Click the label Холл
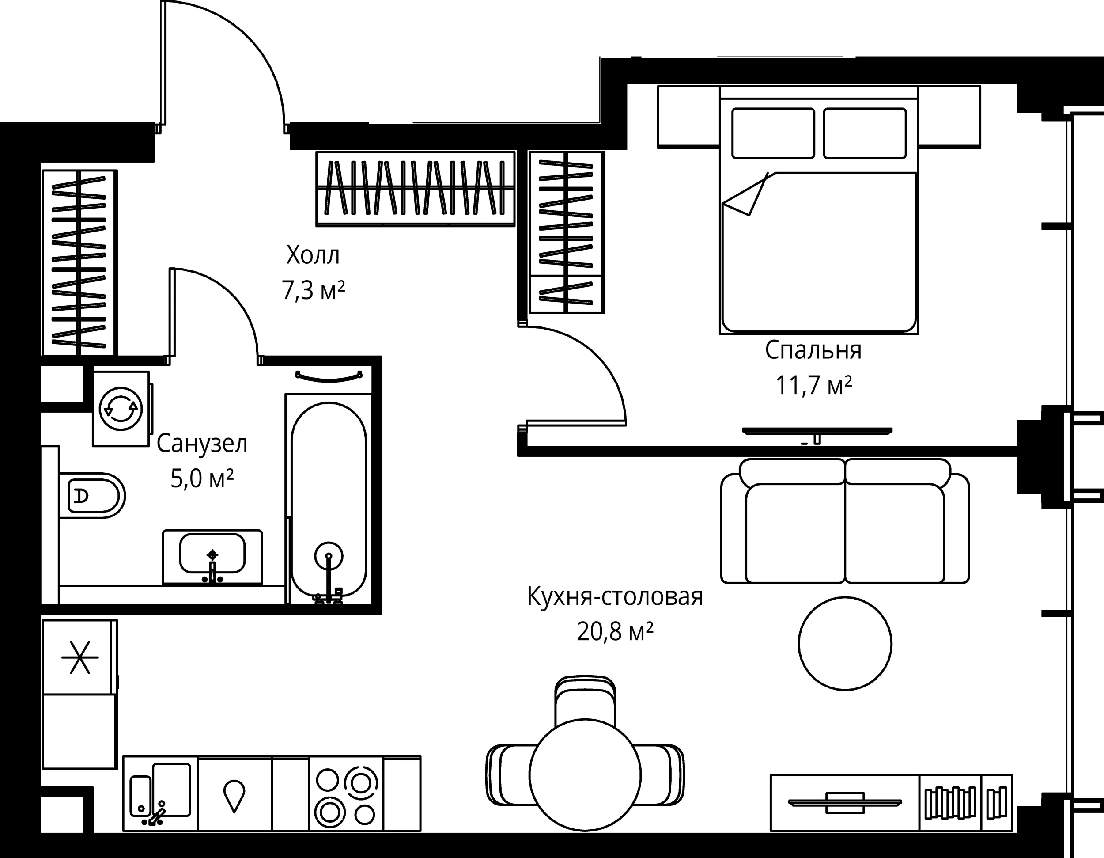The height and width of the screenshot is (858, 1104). click(x=313, y=255)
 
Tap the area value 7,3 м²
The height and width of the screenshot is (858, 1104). click(x=314, y=291)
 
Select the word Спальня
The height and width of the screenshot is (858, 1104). click(x=813, y=350)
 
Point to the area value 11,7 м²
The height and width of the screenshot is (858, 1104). click(x=814, y=386)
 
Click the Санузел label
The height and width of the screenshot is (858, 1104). click(x=202, y=444)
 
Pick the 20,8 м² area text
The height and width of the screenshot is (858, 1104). click(x=615, y=631)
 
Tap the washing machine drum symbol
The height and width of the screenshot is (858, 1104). click(x=121, y=409)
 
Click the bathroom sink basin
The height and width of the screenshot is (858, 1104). click(x=212, y=553)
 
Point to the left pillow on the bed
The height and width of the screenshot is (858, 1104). click(x=773, y=133)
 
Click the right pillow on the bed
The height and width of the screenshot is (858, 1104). click(x=864, y=133)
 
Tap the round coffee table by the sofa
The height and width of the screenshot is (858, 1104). click(x=845, y=643)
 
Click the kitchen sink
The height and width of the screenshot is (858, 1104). click(x=160, y=794)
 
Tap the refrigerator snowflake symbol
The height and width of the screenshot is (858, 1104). click(x=80, y=657)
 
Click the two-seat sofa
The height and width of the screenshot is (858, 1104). click(x=845, y=521)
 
